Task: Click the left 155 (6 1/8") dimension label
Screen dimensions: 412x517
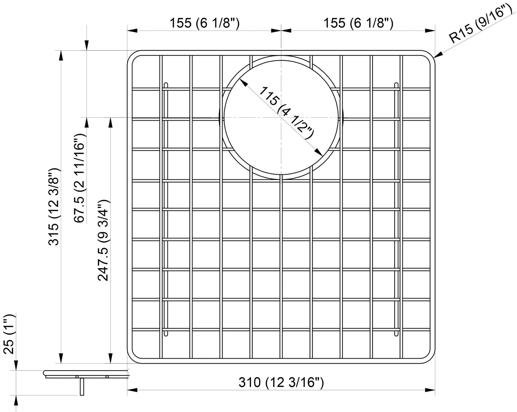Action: tap(204, 23)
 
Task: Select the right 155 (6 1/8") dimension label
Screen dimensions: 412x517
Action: tap(358, 23)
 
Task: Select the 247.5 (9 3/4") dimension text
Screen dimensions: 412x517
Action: tap(104, 240)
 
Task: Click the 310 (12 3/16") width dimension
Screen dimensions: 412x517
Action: tap(281, 383)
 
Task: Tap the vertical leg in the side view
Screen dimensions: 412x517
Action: tap(82, 387)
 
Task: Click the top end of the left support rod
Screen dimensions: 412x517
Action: tap(165, 85)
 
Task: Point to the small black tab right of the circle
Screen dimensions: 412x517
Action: tap(342, 117)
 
